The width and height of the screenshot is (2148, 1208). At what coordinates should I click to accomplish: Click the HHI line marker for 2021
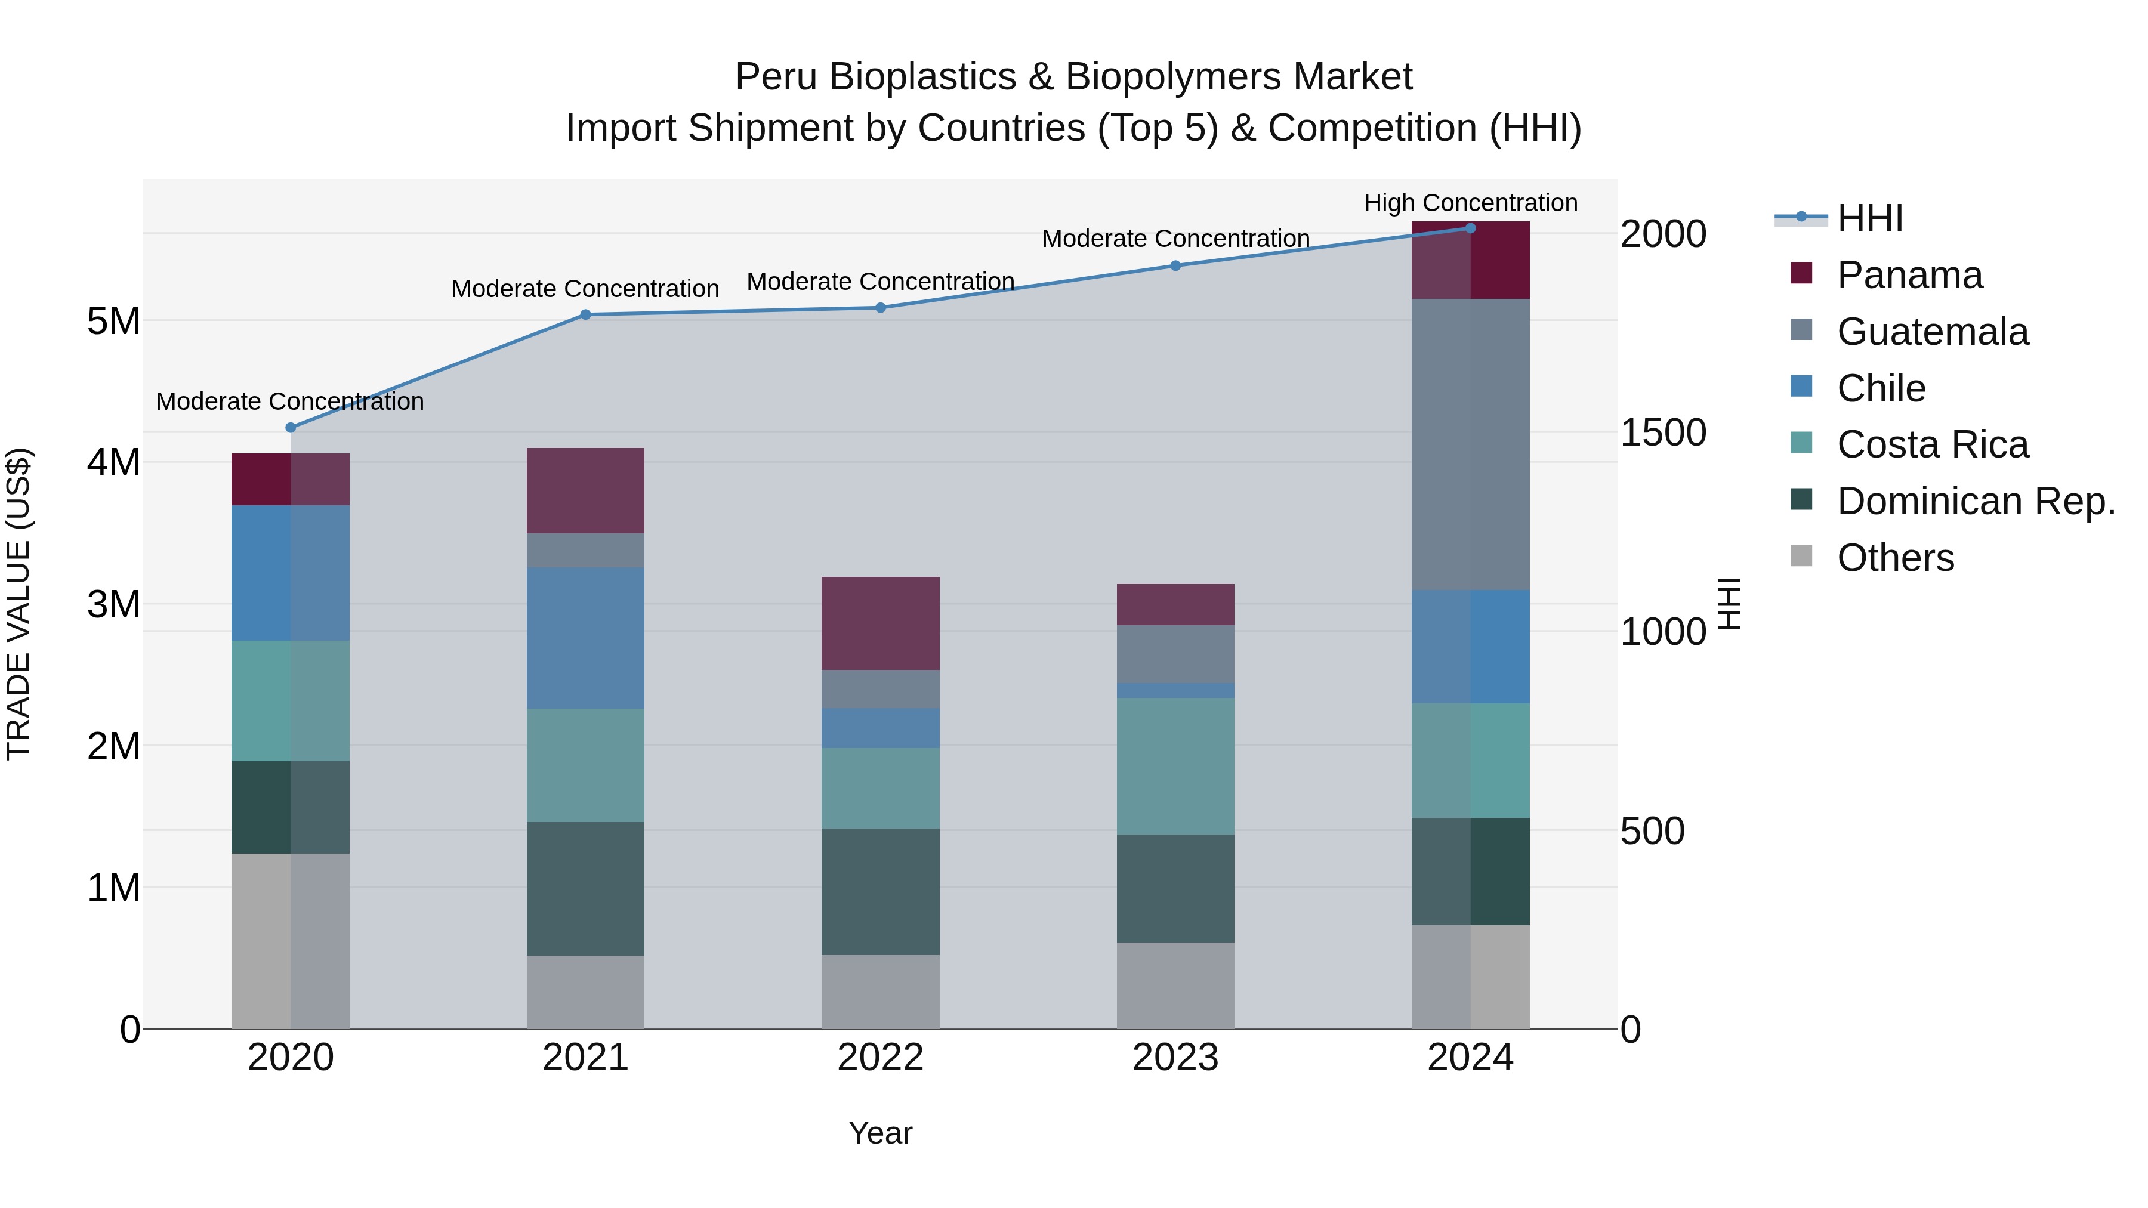(x=585, y=314)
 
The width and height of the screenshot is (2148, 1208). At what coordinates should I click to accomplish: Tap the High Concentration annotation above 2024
(x=1470, y=203)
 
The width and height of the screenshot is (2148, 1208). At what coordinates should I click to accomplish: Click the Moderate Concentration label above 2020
(x=289, y=401)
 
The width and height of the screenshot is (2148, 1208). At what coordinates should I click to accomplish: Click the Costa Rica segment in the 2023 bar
(x=1175, y=765)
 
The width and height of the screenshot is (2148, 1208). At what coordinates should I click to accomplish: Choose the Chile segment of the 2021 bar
(x=585, y=638)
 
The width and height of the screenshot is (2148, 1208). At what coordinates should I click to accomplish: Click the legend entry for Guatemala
(x=1932, y=332)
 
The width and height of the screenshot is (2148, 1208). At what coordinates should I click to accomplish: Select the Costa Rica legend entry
(x=1932, y=444)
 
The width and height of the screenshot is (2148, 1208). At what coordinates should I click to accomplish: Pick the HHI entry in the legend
(x=1869, y=218)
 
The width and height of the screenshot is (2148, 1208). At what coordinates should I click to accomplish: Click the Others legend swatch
(x=1801, y=556)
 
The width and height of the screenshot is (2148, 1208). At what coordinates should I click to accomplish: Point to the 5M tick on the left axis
(x=113, y=321)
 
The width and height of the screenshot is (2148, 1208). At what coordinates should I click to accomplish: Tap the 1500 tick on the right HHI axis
(x=1663, y=432)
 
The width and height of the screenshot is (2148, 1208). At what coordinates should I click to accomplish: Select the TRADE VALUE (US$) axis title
(x=18, y=604)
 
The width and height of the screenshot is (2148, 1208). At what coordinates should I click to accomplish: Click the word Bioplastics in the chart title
(x=922, y=77)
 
